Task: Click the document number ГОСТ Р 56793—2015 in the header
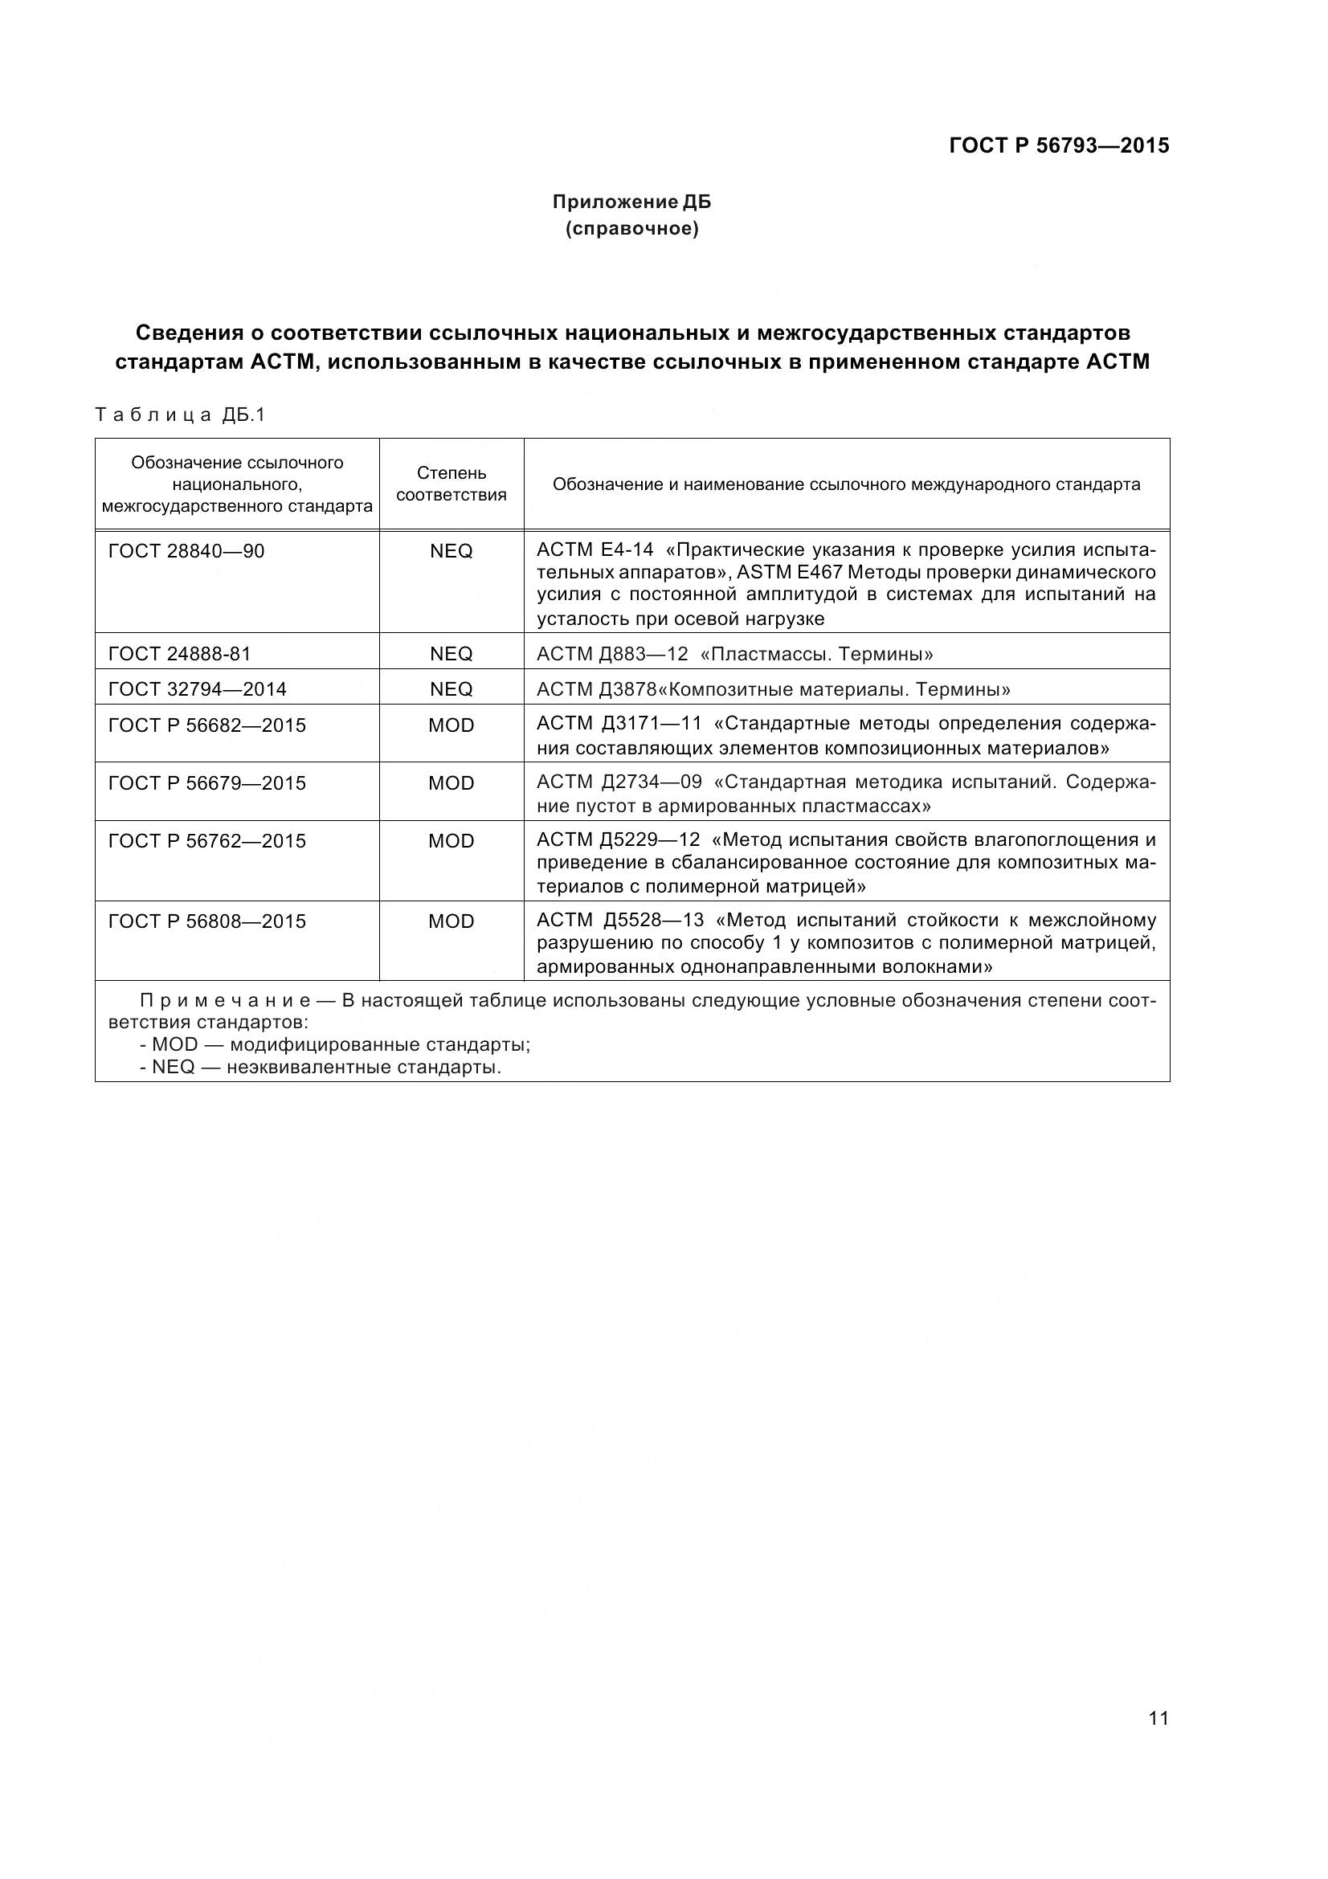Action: click(x=1059, y=145)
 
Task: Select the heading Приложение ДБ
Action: click(x=631, y=202)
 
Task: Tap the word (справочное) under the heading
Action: click(x=631, y=229)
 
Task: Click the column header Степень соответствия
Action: click(x=452, y=484)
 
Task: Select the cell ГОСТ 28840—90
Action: click(x=186, y=551)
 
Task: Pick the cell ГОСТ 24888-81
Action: click(x=180, y=653)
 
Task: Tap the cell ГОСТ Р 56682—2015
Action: click(x=207, y=725)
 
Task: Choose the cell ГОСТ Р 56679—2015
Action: click(x=207, y=783)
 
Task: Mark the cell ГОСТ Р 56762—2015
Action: click(x=207, y=841)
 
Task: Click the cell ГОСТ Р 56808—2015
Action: click(x=207, y=921)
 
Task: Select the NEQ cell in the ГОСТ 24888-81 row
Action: click(x=452, y=653)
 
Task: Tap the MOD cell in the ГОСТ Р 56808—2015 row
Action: click(x=452, y=921)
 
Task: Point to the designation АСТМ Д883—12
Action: click(x=612, y=654)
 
